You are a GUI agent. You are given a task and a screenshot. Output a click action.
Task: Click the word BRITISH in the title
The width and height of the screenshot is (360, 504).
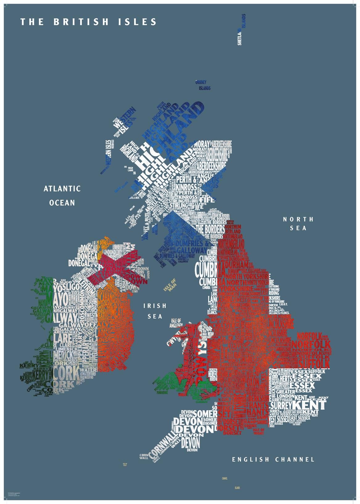tap(81, 22)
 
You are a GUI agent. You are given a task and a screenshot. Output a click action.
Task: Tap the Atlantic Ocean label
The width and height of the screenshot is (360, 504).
tap(62, 196)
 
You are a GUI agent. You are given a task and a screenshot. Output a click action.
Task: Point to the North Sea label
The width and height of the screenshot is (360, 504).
tap(298, 224)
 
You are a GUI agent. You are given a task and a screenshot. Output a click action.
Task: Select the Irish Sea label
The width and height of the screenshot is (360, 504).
tap(155, 311)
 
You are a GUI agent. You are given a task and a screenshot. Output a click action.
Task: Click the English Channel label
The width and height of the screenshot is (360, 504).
tap(273, 460)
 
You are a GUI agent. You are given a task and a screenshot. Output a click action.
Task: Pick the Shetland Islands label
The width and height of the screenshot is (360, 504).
tap(242, 30)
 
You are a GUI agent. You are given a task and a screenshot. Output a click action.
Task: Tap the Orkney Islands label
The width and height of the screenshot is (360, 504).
tap(203, 85)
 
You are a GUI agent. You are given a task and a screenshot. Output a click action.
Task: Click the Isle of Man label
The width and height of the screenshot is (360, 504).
tap(170, 285)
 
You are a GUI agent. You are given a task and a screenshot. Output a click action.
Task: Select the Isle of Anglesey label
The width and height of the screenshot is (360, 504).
tap(176, 323)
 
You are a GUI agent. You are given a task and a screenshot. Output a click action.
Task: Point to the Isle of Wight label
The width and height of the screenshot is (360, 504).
tap(259, 431)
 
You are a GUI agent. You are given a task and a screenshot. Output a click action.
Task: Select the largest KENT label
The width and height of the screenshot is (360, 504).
tap(309, 405)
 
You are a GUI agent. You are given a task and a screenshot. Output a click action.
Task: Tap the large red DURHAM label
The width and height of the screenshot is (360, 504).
tap(237, 265)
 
